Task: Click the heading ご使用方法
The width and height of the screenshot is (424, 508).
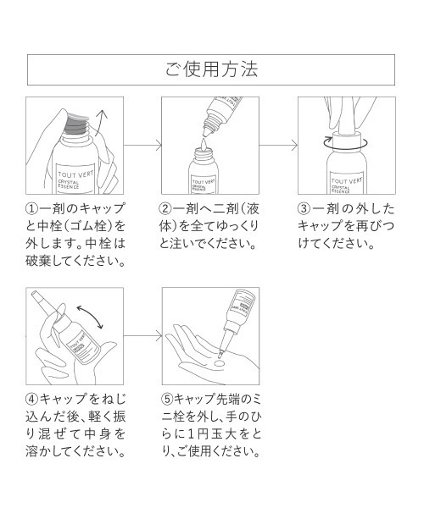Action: tap(211, 69)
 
